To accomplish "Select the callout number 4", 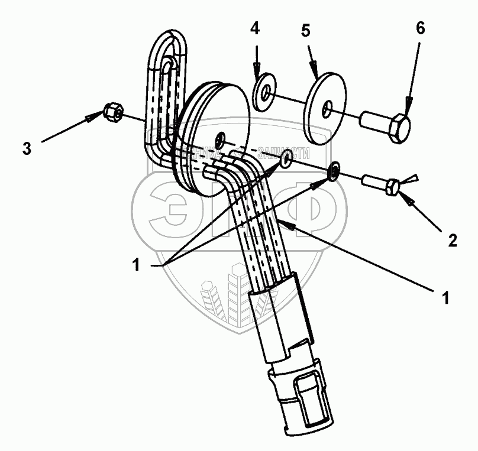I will click(255, 28).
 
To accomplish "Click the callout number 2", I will click(452, 241).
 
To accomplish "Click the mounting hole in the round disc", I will click(220, 138).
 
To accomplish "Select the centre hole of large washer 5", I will click(327, 109).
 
